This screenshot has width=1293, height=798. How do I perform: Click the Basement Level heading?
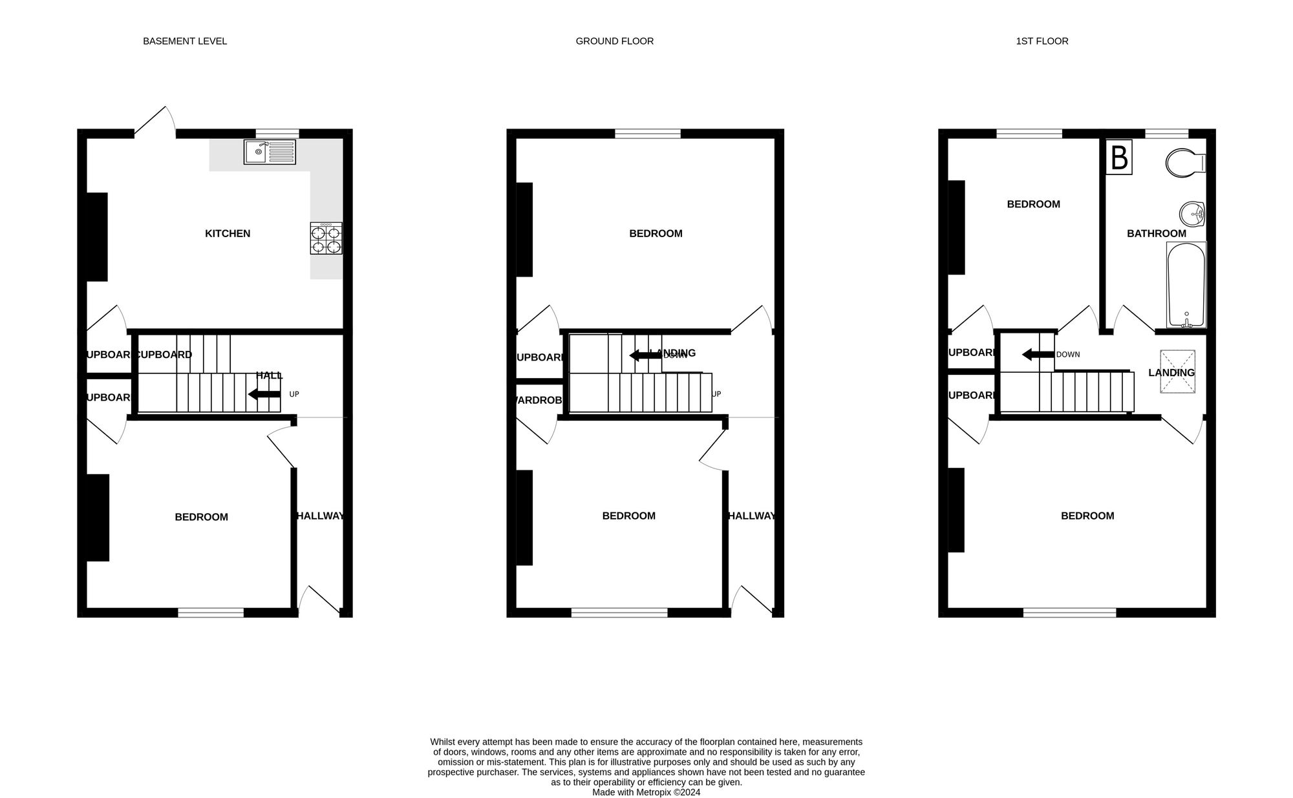(x=185, y=41)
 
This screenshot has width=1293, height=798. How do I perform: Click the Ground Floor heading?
(x=614, y=41)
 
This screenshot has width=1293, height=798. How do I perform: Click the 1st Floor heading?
(x=1042, y=41)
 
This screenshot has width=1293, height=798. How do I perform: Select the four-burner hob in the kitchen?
(x=326, y=238)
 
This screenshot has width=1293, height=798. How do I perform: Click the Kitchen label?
(x=228, y=234)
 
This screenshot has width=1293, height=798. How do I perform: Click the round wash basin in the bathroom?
(x=1191, y=214)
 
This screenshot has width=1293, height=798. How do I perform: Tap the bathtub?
(x=1186, y=284)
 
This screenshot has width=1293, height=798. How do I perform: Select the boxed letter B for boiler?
(x=1119, y=157)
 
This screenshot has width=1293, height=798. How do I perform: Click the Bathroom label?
(x=1156, y=234)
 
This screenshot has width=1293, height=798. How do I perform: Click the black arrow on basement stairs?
(x=264, y=394)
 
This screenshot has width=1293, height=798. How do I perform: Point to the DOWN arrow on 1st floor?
(x=1038, y=354)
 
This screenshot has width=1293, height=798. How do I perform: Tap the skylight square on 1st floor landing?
(x=1177, y=372)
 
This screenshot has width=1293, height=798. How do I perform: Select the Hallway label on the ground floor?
(x=751, y=516)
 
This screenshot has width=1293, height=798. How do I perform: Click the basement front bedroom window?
(x=211, y=612)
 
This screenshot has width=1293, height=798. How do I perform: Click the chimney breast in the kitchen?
(x=97, y=236)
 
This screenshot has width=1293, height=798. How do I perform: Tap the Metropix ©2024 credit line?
(x=646, y=792)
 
